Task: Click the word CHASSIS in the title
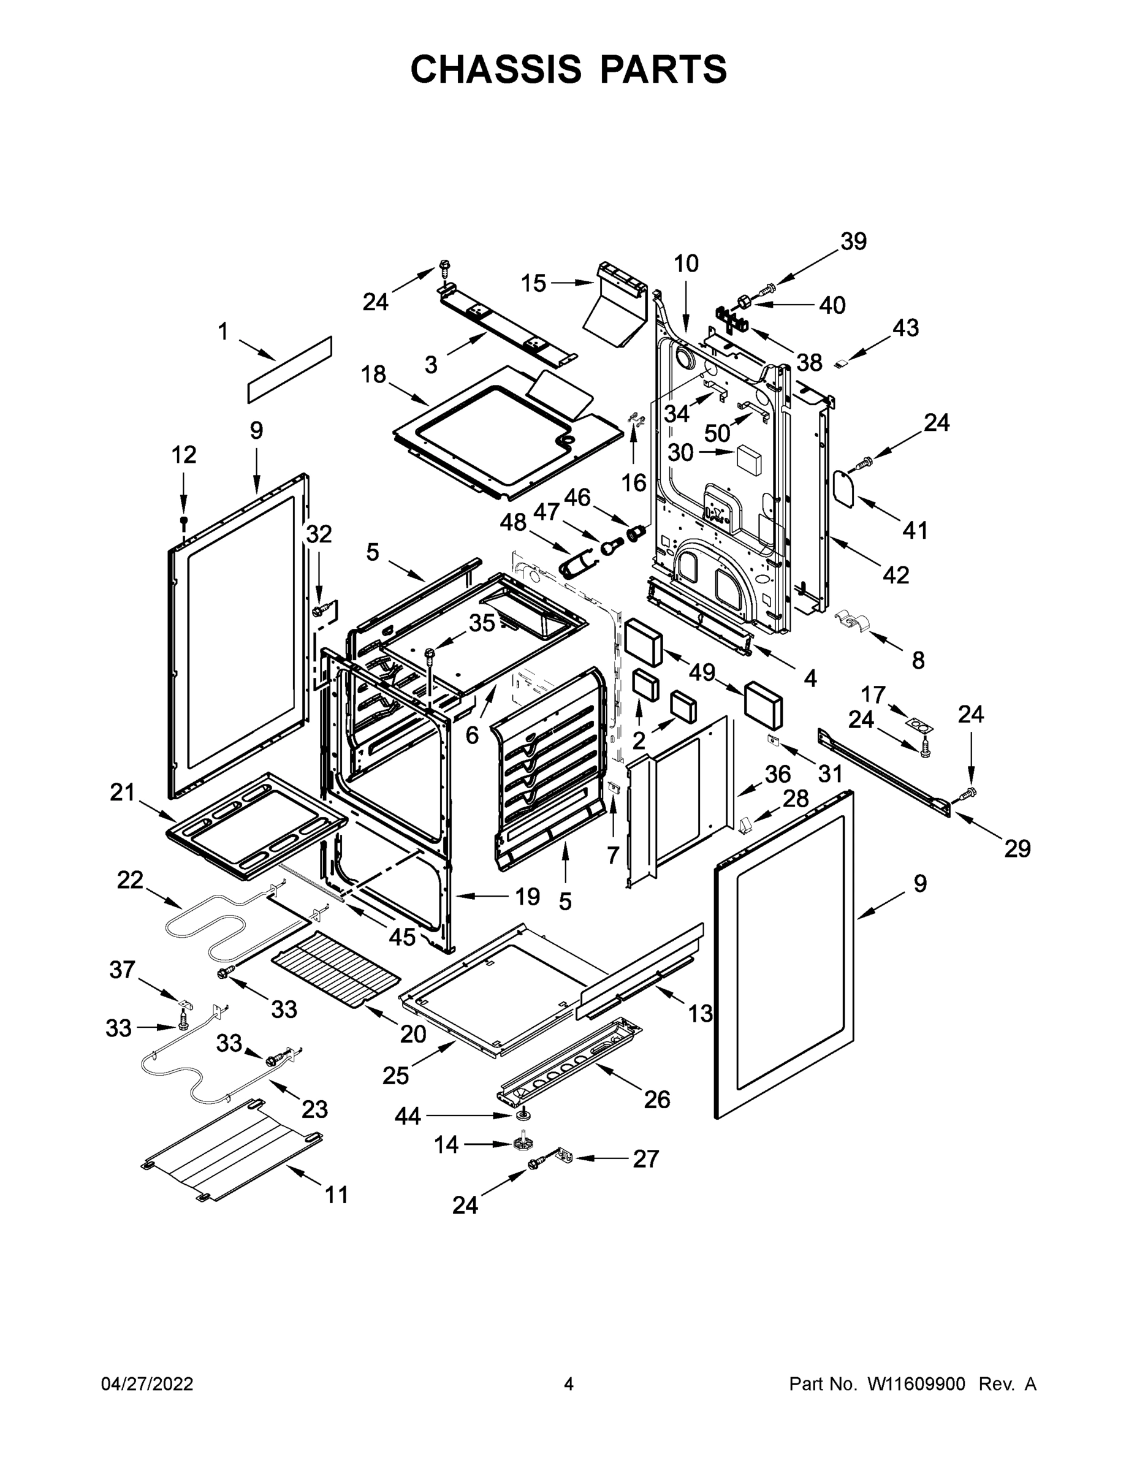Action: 496,69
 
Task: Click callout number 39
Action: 853,242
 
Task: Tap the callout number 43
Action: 905,328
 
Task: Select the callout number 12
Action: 183,455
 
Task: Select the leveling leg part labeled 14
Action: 520,1144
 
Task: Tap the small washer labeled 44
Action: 522,1116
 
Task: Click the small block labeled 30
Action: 748,456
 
